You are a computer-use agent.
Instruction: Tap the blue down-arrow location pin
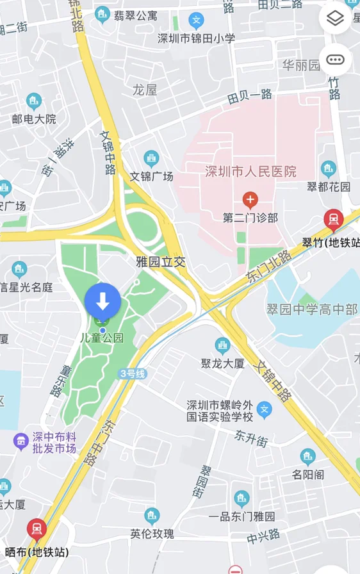[x=102, y=300]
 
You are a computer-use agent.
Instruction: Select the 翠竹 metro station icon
[x=333, y=220]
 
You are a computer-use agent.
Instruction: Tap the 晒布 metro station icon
[x=37, y=530]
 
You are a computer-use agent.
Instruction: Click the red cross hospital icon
[x=250, y=199]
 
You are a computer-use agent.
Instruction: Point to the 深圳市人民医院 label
[x=250, y=171]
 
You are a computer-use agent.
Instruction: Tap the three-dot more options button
[x=335, y=60]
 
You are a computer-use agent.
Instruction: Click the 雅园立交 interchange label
[x=160, y=261]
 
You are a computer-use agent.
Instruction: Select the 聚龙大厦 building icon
[x=223, y=346]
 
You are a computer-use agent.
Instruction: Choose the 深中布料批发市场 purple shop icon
[x=21, y=440]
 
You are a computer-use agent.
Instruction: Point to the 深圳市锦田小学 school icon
[x=197, y=20]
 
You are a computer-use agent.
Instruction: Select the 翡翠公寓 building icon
[x=102, y=15]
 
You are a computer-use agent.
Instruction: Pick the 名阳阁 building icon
[x=308, y=457]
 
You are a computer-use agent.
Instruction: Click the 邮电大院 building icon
[x=34, y=101]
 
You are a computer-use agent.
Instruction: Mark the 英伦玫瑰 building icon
[x=152, y=515]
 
